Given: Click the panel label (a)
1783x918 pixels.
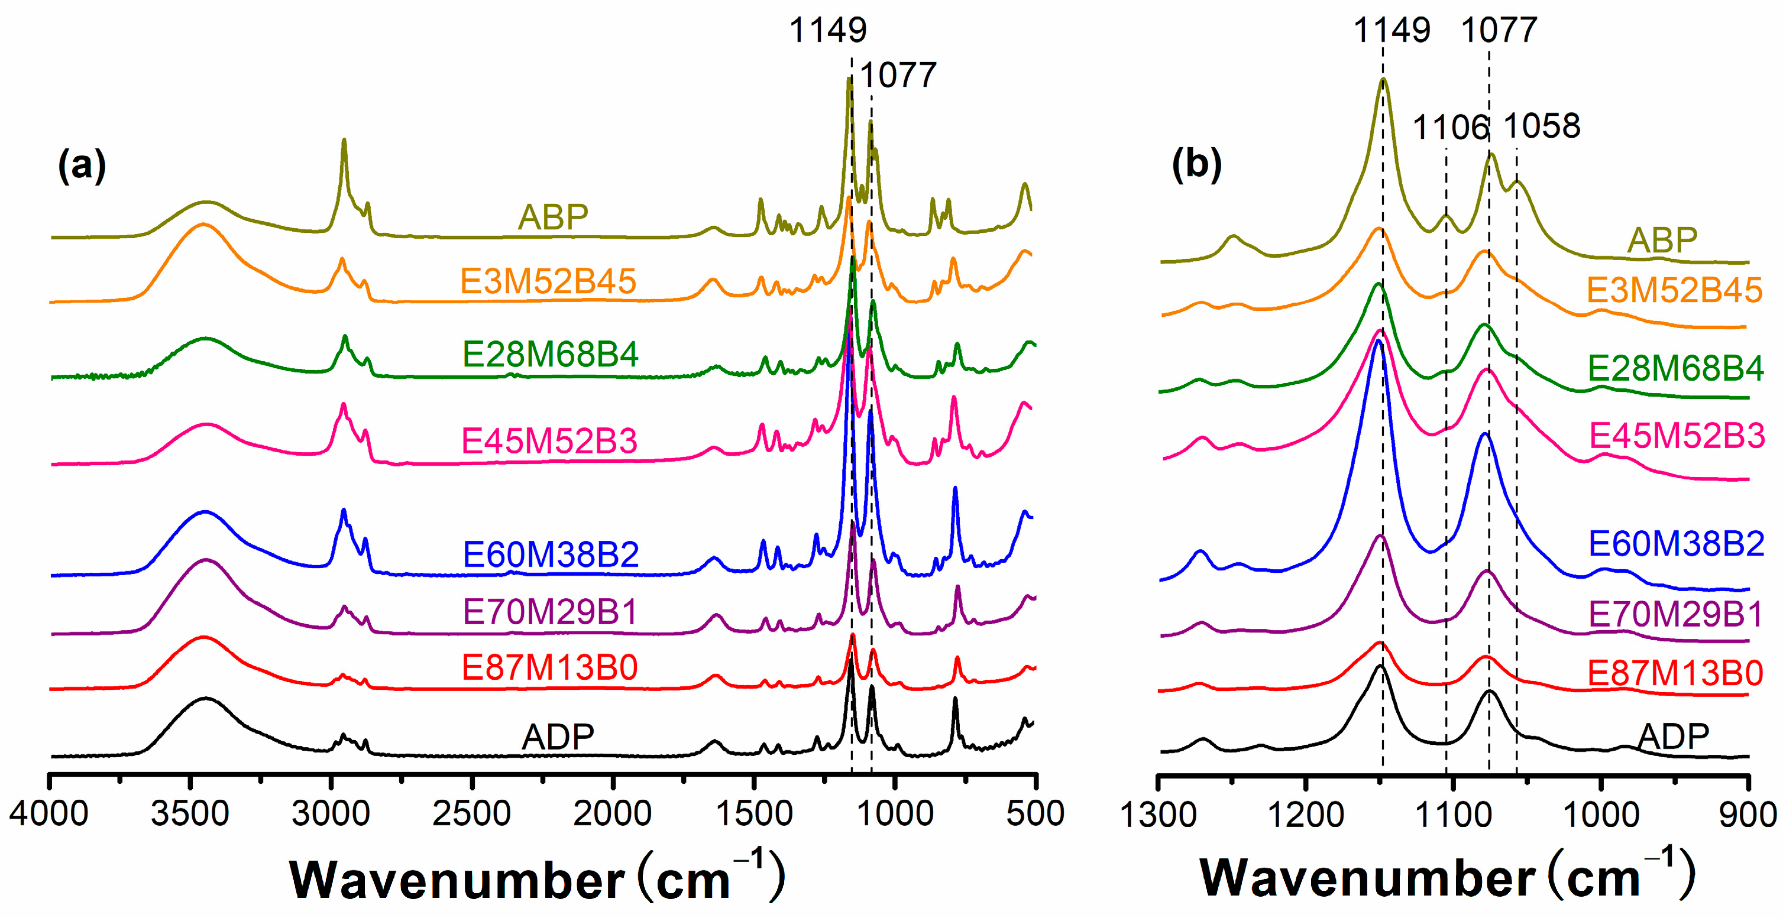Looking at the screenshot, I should pos(82,166).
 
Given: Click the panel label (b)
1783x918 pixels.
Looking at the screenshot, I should pos(1197,165).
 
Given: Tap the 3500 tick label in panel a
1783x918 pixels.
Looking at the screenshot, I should pos(190,813).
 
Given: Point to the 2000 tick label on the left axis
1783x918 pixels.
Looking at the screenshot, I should pos(612,813).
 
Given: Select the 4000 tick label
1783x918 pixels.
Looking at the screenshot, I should pos(48,813).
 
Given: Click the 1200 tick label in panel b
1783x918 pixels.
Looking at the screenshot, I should pos(1305,815).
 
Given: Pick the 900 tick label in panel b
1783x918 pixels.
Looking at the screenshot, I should pos(1748,815).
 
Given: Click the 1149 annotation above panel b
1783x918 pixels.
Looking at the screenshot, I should pos(1392,30).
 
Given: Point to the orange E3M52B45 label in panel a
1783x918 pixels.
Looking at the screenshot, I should pos(548,281).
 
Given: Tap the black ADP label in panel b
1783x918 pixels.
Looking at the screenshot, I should pos(1673,736).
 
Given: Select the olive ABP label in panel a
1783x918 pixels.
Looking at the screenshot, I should pos(552,217).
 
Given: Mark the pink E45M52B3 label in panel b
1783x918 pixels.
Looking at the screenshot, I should pos(1677,436).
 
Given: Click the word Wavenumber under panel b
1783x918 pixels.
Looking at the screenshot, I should pos(1367,878).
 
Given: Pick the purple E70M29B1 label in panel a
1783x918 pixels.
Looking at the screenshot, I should pos(549,612).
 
